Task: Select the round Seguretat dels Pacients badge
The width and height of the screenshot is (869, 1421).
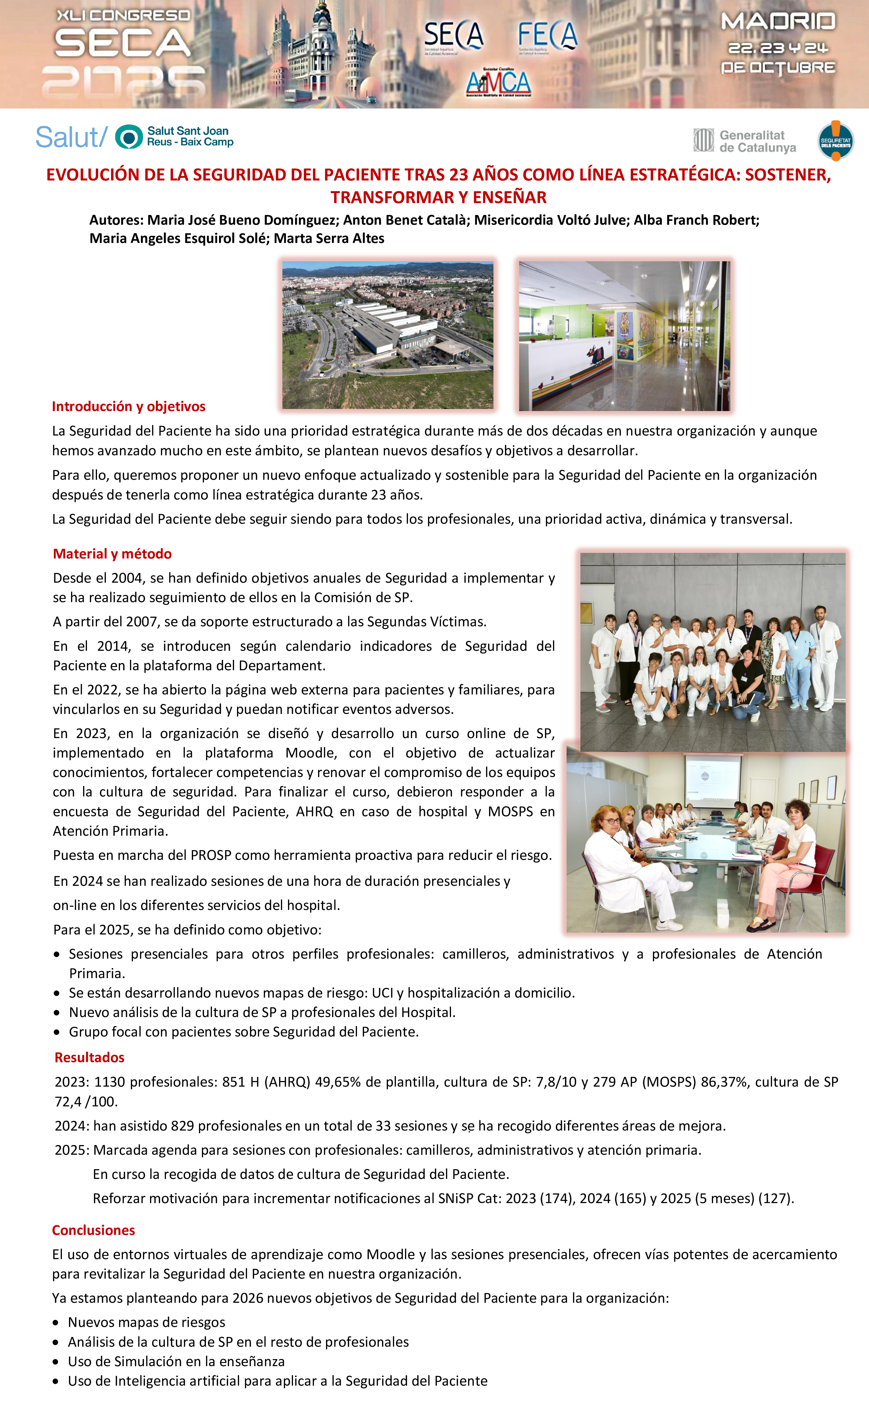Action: point(836,141)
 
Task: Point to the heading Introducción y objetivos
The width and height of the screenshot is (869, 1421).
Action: point(129,407)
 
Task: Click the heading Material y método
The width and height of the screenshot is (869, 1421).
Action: point(112,554)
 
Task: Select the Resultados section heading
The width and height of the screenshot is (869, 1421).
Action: point(89,1057)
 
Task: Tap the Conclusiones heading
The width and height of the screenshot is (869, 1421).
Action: point(93,1230)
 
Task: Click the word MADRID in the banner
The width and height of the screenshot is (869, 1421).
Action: point(778,22)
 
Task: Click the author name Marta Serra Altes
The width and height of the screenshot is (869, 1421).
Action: point(329,238)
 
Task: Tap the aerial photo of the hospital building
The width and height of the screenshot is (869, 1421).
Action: point(388,335)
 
